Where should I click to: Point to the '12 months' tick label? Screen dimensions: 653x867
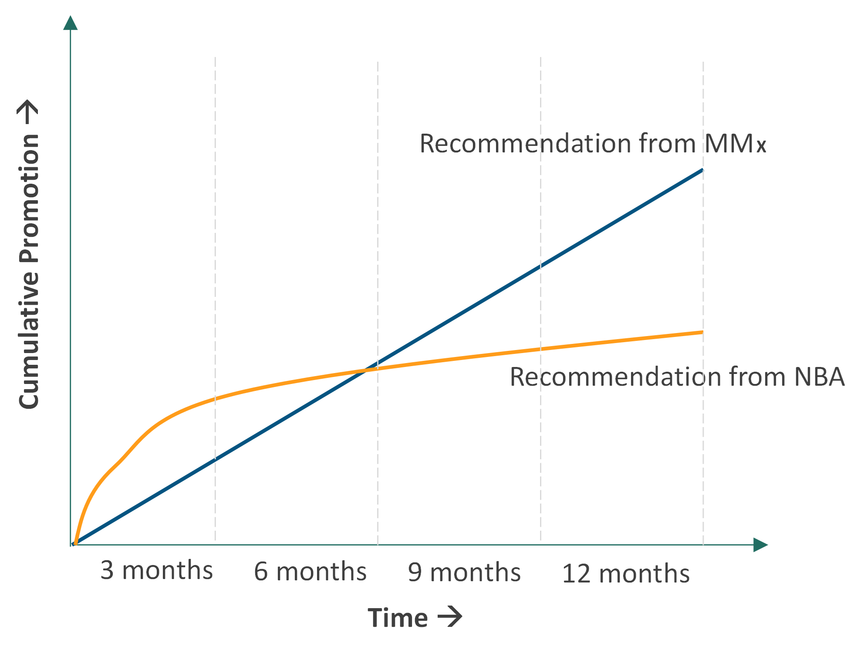[x=626, y=573]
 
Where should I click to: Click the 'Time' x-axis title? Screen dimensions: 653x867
[x=398, y=617]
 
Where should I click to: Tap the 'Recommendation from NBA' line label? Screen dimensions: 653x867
[x=677, y=377]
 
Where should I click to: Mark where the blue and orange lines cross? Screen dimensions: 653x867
[x=368, y=370]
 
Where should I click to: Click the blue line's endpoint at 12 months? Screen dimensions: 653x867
[x=703, y=170]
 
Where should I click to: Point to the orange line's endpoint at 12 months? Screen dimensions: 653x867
[x=703, y=332]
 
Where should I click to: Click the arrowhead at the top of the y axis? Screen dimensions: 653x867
[x=71, y=23]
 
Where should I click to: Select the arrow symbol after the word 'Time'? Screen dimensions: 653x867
[x=450, y=616]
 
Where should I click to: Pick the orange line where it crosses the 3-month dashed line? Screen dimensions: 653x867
[x=216, y=398]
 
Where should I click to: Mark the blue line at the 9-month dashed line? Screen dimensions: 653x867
[x=541, y=266]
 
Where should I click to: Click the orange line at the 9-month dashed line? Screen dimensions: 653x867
[x=541, y=349]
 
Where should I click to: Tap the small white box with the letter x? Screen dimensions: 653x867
[x=766, y=144]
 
